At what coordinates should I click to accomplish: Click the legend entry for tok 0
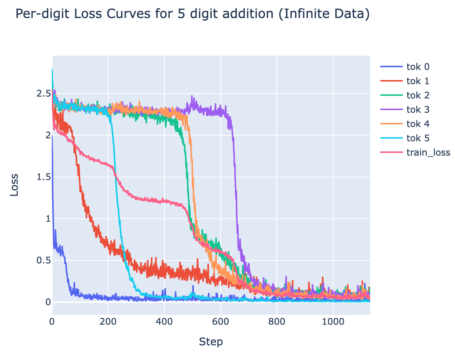(x=418, y=67)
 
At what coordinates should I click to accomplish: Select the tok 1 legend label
(x=418, y=81)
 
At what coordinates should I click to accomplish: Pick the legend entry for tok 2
(x=418, y=95)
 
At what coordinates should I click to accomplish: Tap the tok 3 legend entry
(x=418, y=110)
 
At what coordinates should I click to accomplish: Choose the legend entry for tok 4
(x=418, y=124)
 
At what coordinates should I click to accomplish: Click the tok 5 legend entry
(x=418, y=138)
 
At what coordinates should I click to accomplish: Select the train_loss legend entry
(x=428, y=153)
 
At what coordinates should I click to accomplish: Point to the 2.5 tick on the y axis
(x=43, y=94)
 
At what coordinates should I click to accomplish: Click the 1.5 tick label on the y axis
(x=43, y=177)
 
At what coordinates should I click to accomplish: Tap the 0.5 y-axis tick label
(x=43, y=260)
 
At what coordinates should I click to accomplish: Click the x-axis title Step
(x=211, y=342)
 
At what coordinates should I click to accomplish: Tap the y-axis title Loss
(x=14, y=185)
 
